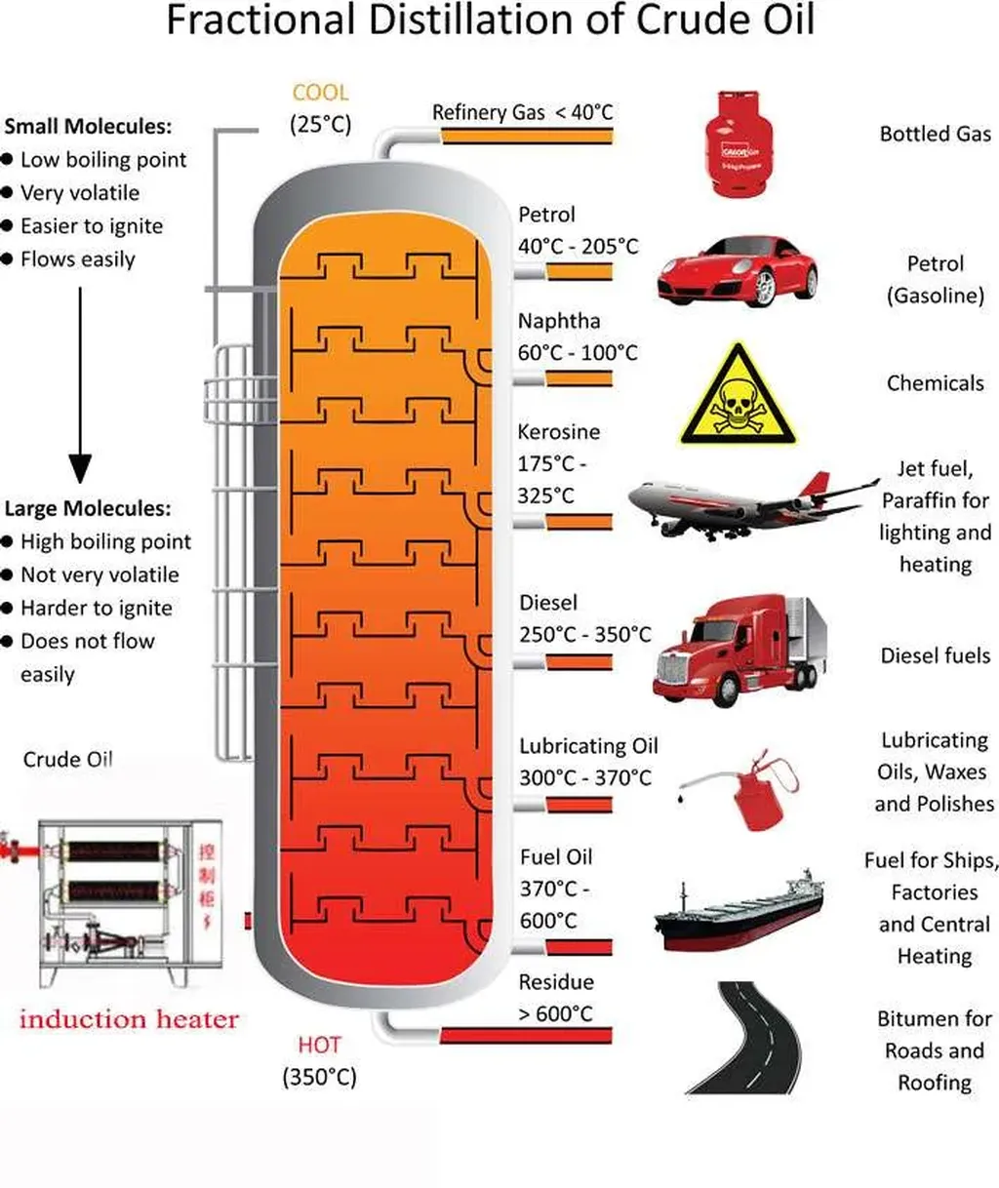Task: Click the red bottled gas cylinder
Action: [x=739, y=143]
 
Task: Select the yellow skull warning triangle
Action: [x=738, y=395]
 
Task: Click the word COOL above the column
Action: [x=320, y=93]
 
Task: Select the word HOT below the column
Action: [x=319, y=1045]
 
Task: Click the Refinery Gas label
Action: [x=488, y=112]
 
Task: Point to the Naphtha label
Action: [x=559, y=321]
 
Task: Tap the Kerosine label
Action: [x=559, y=431]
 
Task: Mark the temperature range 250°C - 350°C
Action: [x=584, y=635]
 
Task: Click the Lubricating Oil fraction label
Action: [x=588, y=746]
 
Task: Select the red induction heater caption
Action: [x=129, y=1019]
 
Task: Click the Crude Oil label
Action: [x=67, y=759]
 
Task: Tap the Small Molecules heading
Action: [x=88, y=126]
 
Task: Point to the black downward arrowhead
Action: [x=80, y=468]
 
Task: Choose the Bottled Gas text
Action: [x=935, y=134]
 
